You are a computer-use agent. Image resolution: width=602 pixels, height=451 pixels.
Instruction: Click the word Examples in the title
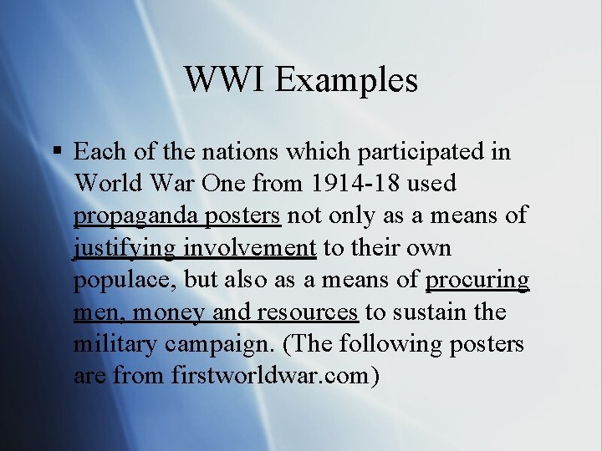tap(346, 80)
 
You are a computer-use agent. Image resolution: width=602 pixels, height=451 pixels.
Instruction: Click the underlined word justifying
tap(125, 248)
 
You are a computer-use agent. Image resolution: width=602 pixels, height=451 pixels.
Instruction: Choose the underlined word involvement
tap(250, 248)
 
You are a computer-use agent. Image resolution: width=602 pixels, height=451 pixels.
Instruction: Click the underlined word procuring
tap(477, 280)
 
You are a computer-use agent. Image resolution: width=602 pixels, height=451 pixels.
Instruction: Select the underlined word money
tap(170, 312)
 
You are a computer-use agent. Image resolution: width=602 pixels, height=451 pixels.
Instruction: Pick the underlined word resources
tap(307, 312)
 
